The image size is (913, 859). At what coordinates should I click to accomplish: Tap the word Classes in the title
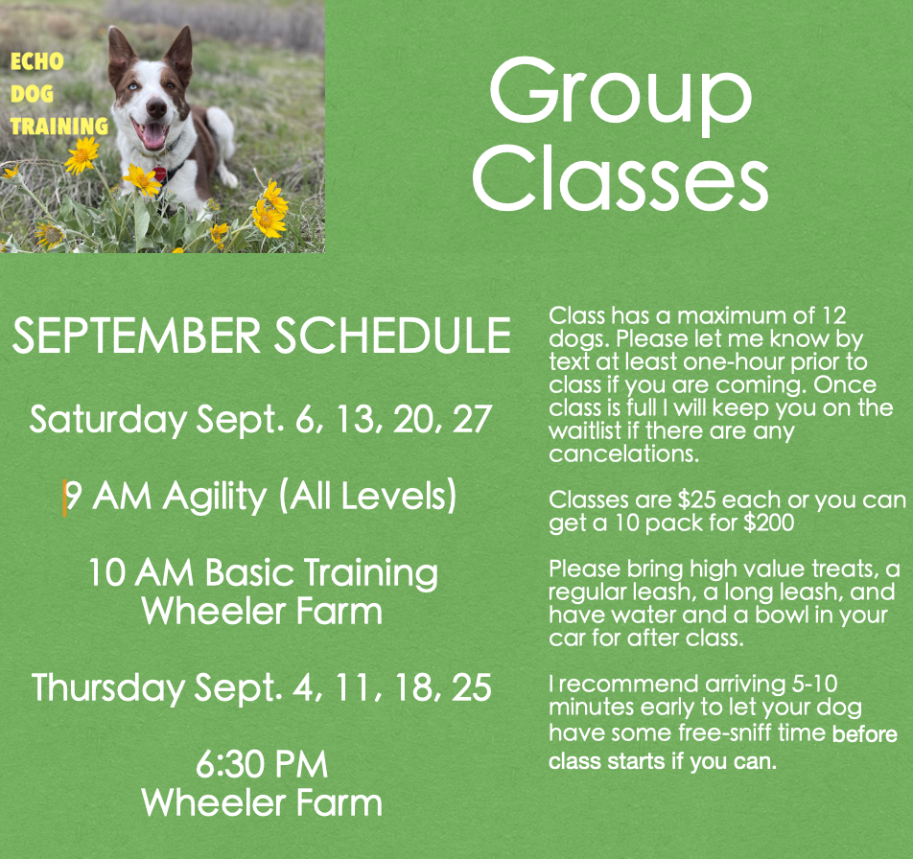coord(620,177)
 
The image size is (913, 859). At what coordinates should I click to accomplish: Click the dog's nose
coord(156,107)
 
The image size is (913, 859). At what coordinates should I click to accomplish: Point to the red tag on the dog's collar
coord(159,174)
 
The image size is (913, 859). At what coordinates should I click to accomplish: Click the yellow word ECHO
coord(36,61)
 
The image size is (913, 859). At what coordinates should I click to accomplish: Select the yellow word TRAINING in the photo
coord(59,126)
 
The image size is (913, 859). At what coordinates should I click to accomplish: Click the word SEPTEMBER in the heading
coord(136,336)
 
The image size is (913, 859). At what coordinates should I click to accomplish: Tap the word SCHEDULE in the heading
coord(392,336)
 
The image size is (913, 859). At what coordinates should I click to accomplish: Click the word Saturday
coord(108,419)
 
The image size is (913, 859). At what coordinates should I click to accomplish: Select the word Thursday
coord(107,687)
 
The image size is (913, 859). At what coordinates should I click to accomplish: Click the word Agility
coord(214,498)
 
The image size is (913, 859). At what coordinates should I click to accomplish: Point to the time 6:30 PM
coord(262,764)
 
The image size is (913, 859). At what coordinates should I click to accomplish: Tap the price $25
coord(696,500)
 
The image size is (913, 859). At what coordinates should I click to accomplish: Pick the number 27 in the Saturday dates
coord(472,419)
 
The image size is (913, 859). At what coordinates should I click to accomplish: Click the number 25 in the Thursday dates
coord(472,687)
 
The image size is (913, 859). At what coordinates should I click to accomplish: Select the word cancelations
coord(623,453)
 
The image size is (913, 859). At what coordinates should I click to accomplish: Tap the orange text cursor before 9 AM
coord(64,499)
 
